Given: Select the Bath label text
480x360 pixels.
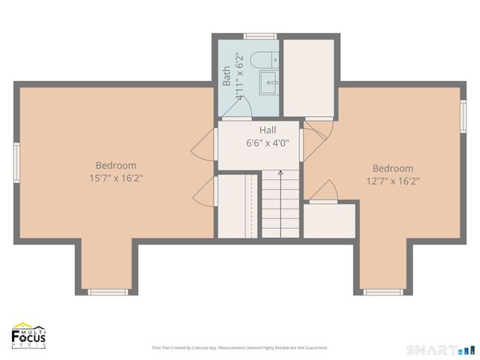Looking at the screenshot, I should [x=226, y=76].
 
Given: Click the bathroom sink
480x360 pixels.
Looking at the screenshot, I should [x=268, y=82].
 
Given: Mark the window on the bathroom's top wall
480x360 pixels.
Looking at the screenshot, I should [x=259, y=36].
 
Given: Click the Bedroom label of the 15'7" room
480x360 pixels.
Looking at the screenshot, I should [x=115, y=166].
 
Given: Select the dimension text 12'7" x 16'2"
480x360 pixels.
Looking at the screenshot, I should [x=392, y=180].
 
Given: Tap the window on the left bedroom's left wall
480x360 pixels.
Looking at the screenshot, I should [x=16, y=163].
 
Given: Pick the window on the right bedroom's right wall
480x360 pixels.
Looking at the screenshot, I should [x=463, y=116].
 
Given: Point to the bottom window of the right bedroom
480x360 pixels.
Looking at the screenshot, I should [x=383, y=292].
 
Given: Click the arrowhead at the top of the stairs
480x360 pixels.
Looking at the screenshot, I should [x=280, y=172].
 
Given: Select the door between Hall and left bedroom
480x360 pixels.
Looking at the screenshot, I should [x=203, y=144].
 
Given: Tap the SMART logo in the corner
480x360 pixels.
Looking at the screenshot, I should [x=440, y=350].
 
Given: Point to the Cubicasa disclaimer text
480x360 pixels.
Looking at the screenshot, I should [x=240, y=348].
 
